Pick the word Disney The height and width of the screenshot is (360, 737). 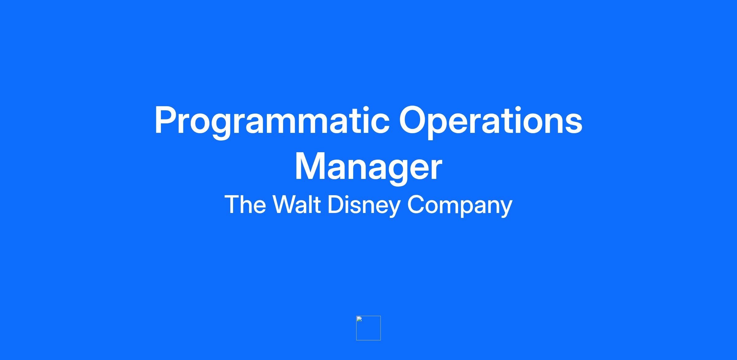[x=364, y=206]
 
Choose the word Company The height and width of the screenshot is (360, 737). [x=460, y=206]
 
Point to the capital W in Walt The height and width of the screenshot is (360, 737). [x=287, y=204]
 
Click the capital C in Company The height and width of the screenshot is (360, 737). [x=416, y=204]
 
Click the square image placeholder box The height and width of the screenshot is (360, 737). [x=368, y=328]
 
